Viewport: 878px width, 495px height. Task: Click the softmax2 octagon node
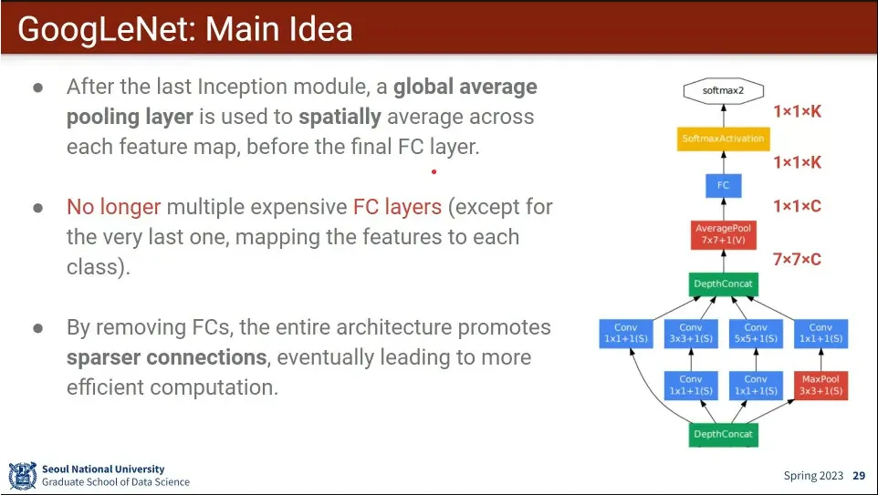(x=724, y=90)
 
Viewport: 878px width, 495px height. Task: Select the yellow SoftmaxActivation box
(x=724, y=139)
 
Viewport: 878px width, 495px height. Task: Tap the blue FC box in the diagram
(x=724, y=185)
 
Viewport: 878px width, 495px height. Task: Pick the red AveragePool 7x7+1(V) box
(x=724, y=234)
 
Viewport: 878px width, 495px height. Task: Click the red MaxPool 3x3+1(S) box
(x=821, y=386)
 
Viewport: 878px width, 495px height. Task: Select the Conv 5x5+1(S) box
(x=756, y=334)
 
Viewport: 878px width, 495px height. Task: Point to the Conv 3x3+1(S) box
(x=691, y=334)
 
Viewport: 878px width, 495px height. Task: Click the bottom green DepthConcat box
(x=724, y=435)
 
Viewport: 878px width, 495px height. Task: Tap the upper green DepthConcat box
(x=724, y=284)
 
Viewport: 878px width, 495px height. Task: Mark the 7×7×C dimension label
(x=798, y=260)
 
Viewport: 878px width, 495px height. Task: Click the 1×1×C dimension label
(x=798, y=206)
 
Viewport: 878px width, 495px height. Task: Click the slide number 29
(x=859, y=476)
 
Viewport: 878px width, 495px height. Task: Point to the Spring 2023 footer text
(x=813, y=476)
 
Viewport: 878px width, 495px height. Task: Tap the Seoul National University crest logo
(x=23, y=476)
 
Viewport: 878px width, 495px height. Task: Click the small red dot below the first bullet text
(x=434, y=171)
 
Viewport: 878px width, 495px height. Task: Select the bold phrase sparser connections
(x=167, y=357)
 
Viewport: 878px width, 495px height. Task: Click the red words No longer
(x=114, y=207)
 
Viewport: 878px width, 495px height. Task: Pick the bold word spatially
(x=340, y=117)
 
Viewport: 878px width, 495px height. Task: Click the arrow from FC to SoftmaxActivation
(x=724, y=162)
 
